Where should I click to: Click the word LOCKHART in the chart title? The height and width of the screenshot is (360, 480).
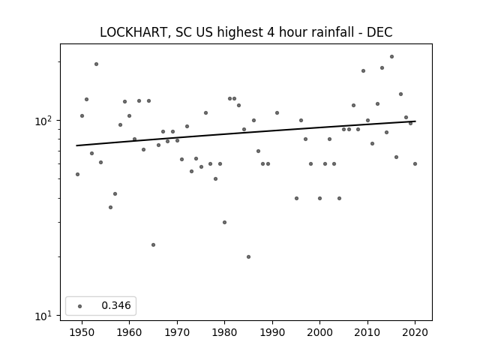point(133,32)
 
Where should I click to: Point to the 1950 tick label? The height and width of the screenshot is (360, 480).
point(82,332)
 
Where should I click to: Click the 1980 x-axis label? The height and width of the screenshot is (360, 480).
point(224,332)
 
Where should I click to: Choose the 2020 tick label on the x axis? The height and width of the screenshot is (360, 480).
point(415,332)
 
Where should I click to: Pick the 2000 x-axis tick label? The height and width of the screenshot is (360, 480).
point(320,332)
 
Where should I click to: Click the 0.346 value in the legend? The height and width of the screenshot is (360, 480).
point(116,305)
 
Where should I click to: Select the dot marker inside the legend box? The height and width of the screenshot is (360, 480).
point(80,306)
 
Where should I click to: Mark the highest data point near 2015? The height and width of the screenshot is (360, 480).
point(391,57)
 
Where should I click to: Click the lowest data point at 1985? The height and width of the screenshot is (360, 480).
point(248,256)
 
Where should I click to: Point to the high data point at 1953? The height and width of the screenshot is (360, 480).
point(96,64)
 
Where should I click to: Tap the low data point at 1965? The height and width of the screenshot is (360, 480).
point(153,245)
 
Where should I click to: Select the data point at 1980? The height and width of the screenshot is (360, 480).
point(225,222)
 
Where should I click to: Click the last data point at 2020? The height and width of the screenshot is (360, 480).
point(415,163)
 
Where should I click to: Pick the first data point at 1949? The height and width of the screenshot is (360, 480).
point(77,174)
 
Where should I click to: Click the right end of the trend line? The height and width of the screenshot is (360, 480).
point(415,121)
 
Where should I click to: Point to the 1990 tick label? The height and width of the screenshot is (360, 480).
point(272,332)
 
